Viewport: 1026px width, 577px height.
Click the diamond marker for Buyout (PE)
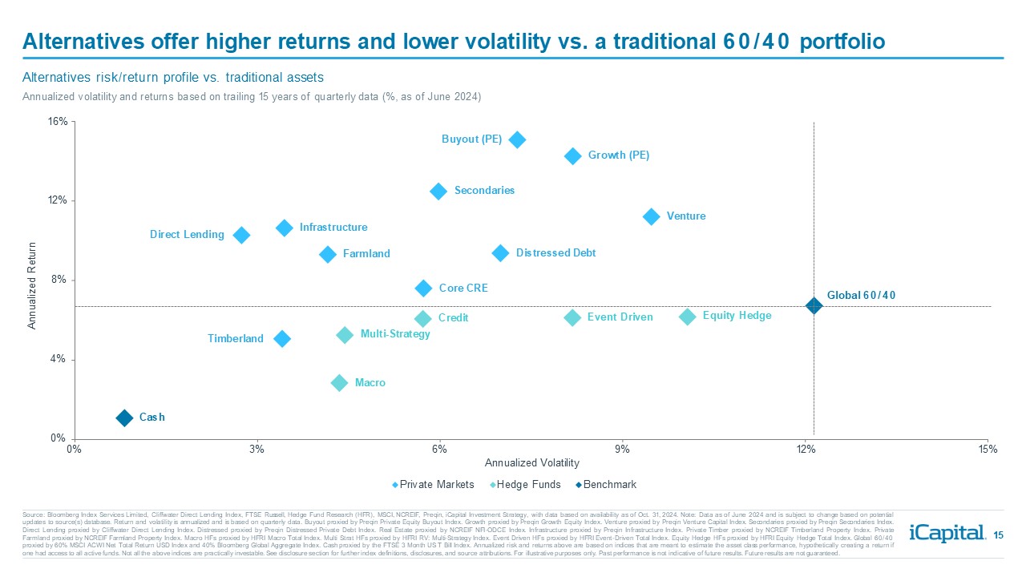(517, 139)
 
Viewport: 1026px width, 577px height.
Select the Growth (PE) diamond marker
(572, 156)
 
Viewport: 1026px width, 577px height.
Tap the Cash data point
(124, 418)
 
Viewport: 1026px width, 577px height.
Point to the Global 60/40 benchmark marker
(814, 305)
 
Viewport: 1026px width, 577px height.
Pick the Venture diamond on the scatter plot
(651, 216)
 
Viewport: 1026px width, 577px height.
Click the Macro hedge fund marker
(339, 383)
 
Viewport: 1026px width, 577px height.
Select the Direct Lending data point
(241, 235)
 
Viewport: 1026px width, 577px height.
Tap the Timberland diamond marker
(281, 339)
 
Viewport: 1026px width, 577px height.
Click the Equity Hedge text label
(737, 316)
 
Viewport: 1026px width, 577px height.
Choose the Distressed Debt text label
(555, 253)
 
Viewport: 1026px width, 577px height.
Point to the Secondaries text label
(484, 191)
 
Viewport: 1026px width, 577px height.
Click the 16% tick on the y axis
(59, 122)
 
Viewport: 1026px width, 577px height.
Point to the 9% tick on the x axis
(622, 450)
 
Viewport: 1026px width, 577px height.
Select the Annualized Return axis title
(33, 285)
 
